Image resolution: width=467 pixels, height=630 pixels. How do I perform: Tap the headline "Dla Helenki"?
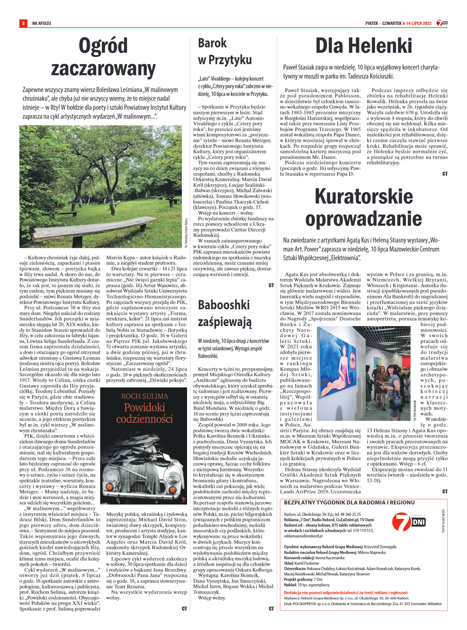point(364,46)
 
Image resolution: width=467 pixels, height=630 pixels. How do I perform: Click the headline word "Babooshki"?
point(224,305)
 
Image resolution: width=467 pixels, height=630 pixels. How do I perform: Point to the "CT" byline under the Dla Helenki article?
point(445,174)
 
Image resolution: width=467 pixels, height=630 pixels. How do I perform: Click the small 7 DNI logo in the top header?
point(442,23)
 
